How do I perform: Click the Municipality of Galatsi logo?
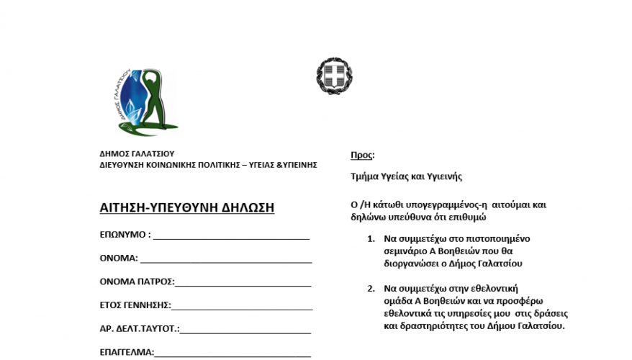[x=147, y=102]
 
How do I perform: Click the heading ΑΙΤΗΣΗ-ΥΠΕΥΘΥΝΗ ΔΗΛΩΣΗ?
[x=186, y=208]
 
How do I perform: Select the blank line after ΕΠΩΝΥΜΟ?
[x=231, y=236]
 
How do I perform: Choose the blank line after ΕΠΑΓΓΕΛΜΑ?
[x=233, y=353]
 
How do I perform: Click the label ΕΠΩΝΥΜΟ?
[x=123, y=235]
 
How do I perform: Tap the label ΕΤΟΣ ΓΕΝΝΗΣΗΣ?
[x=135, y=305]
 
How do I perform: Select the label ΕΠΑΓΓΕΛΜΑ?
[x=127, y=353]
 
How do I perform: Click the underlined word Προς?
[x=361, y=155]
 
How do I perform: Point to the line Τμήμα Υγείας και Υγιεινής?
[x=406, y=176]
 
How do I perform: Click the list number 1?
[x=370, y=238]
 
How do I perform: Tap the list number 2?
[x=370, y=289]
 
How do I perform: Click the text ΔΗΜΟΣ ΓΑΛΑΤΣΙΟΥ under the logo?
[x=137, y=153]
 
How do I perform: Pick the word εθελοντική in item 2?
[x=499, y=289]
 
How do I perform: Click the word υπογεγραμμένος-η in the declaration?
[x=446, y=204]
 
